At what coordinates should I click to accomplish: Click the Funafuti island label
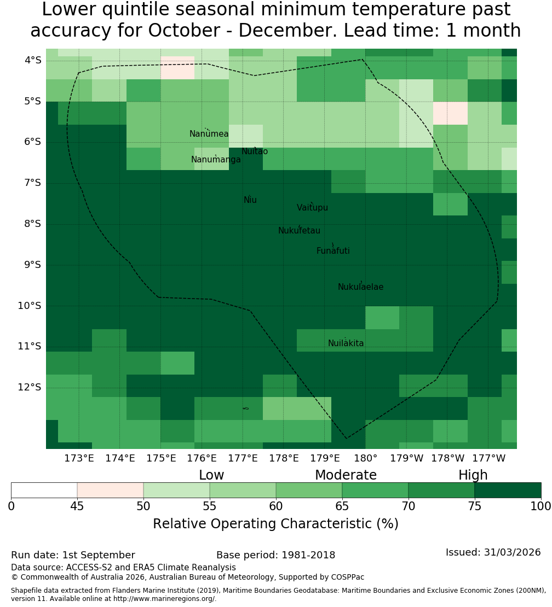point(333,251)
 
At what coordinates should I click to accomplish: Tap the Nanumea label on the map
point(209,134)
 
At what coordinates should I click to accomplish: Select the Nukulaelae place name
point(360,287)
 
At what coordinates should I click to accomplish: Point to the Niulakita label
point(346,343)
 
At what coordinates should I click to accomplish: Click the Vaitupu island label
point(313,208)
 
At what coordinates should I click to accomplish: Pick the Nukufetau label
point(299,231)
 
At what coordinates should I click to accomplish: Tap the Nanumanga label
point(216,160)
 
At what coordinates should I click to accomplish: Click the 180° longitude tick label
point(366,458)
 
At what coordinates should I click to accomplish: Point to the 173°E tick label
point(79,458)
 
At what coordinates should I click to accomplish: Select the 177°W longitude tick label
point(489,458)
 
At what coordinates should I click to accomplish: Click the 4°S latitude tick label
point(33,60)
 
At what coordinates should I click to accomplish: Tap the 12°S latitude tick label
point(30,387)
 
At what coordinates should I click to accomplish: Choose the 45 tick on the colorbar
point(77,506)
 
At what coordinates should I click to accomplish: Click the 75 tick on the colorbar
point(474,506)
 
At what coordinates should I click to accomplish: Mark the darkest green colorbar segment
point(508,490)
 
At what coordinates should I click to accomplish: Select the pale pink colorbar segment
point(111,490)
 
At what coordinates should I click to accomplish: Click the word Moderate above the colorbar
point(346,475)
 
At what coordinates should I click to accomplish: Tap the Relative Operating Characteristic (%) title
point(275,524)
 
